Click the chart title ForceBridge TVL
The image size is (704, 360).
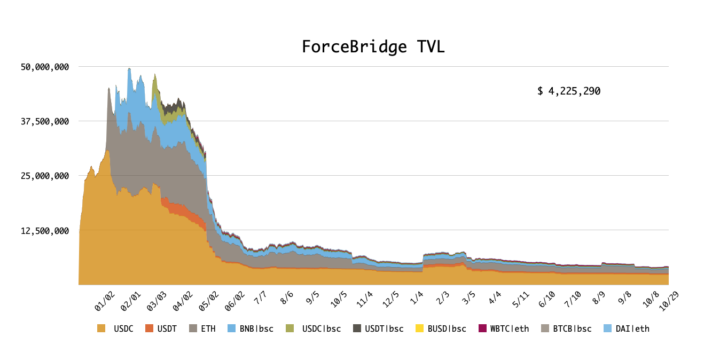pos(373,47)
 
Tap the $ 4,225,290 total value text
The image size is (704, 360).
pos(569,91)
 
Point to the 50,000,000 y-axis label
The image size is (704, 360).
pos(45,67)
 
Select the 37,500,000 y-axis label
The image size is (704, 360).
pos(45,121)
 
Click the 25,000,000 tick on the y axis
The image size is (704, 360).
pos(45,176)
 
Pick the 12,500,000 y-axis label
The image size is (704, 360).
pos(45,231)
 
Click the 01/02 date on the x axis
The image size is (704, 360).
pos(105,301)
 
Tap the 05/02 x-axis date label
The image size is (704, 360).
pos(209,301)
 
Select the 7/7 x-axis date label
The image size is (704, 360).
pos(261,298)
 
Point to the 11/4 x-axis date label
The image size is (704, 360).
pos(365,299)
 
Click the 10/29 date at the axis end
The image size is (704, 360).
pos(669,301)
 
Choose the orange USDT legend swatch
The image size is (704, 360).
pos(149,328)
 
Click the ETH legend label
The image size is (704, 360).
pos(208,329)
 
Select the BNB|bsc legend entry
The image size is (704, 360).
pos(251,329)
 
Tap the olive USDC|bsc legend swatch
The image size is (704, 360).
pos(290,328)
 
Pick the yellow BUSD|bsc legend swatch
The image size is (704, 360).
pos(420,328)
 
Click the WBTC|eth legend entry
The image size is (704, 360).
pos(504,329)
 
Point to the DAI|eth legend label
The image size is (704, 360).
pos(632,329)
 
